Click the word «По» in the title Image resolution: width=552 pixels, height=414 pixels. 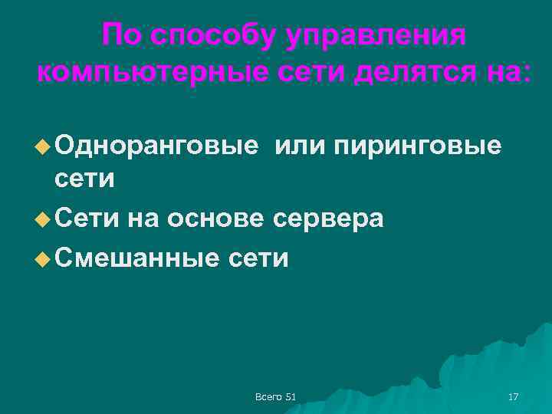click(122, 35)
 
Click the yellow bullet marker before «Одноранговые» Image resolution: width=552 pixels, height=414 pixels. click(43, 143)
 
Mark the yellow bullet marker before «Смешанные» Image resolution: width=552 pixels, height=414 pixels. click(43, 258)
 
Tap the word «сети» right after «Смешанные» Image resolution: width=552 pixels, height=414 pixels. click(258, 258)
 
